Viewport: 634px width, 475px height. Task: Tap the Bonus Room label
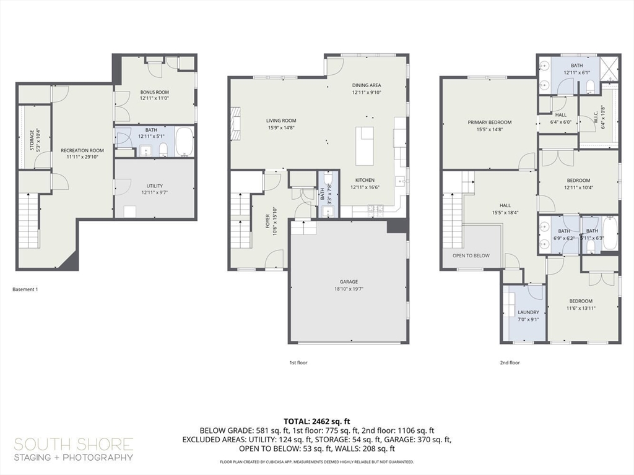point(154,92)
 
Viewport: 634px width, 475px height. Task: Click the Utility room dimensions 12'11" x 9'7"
point(154,192)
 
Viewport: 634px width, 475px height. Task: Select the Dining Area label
point(367,85)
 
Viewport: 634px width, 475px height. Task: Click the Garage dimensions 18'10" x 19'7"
point(349,288)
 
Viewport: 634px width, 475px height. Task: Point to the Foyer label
point(267,222)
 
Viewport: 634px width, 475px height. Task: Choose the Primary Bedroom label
point(489,122)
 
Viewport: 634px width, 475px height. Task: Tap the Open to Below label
point(471,255)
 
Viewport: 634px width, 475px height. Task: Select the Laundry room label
point(528,312)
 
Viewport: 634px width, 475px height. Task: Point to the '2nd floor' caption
point(510,363)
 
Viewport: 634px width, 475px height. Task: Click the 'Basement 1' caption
point(25,289)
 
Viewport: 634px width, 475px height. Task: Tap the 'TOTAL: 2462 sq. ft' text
point(317,420)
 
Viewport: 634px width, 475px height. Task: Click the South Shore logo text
point(74,444)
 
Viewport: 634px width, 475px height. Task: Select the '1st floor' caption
point(298,363)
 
